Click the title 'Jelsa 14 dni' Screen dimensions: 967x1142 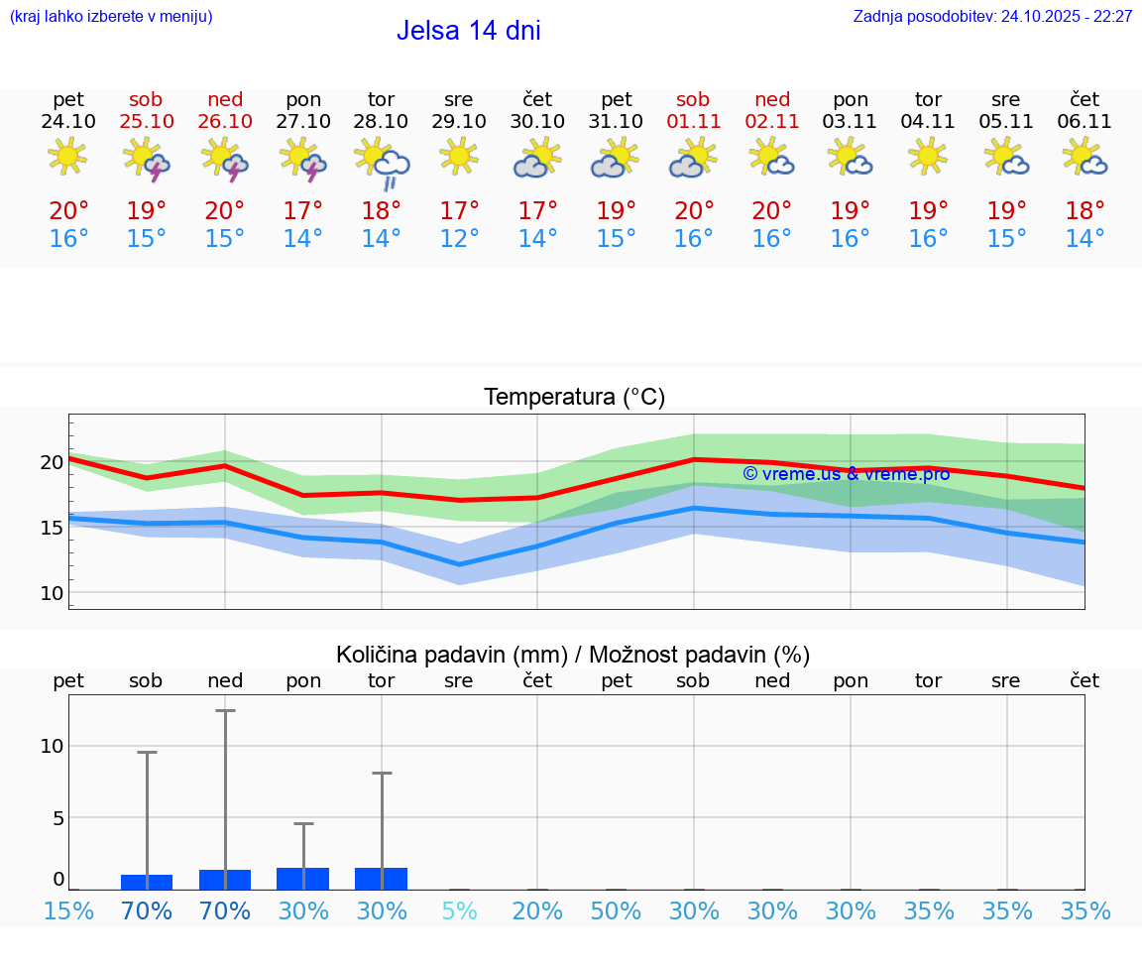[468, 31]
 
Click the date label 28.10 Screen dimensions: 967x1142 [381, 122]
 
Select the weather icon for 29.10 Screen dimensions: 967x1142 [459, 157]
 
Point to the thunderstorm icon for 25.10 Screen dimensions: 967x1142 [147, 159]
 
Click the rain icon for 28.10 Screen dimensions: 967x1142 [383, 161]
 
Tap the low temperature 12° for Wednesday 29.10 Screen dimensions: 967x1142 [459, 239]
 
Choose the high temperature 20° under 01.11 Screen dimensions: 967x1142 [694, 211]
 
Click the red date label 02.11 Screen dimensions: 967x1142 [772, 122]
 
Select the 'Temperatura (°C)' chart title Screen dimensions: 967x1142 [574, 398]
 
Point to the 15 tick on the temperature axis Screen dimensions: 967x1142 [52, 528]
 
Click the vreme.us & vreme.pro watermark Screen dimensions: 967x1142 [846, 474]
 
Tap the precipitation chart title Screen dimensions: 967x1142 [573, 655]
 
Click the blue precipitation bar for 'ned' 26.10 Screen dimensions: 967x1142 [225, 880]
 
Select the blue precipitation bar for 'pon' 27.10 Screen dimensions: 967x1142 [303, 879]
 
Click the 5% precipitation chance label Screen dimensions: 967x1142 [459, 911]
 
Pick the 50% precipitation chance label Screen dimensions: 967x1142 [616, 911]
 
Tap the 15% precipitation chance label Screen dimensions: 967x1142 [68, 911]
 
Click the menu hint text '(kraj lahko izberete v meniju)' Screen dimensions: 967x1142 [111, 17]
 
